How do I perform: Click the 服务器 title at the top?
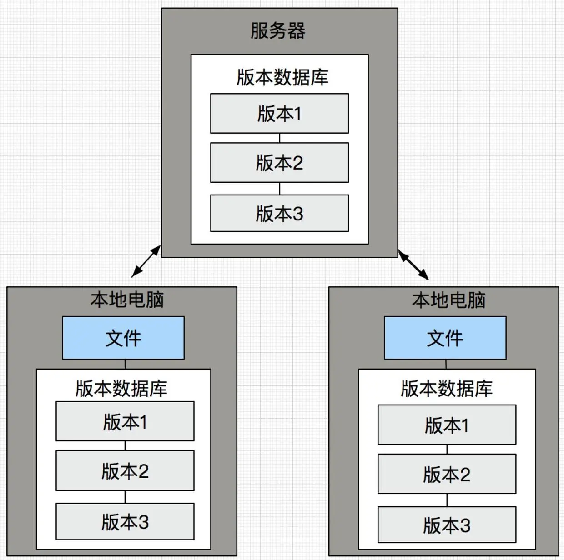[278, 31]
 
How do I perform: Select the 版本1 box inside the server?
[279, 114]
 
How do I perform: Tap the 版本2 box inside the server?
[279, 163]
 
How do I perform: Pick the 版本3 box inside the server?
[279, 213]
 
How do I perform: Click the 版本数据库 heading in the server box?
[282, 77]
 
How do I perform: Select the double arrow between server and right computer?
[413, 265]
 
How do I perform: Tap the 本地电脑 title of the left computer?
[127, 300]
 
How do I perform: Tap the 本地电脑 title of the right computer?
[448, 300]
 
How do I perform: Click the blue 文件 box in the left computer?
[123, 338]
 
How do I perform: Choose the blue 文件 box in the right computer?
[445, 338]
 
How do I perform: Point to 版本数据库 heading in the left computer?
[121, 389]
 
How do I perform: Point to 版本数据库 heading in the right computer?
[447, 389]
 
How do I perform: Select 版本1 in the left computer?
[125, 421]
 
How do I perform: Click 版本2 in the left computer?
[125, 470]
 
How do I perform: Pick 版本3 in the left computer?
[125, 521]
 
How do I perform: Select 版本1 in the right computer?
[447, 425]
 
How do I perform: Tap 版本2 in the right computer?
[447, 474]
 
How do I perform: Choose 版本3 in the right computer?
[447, 525]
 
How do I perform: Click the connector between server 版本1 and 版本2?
[279, 138]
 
